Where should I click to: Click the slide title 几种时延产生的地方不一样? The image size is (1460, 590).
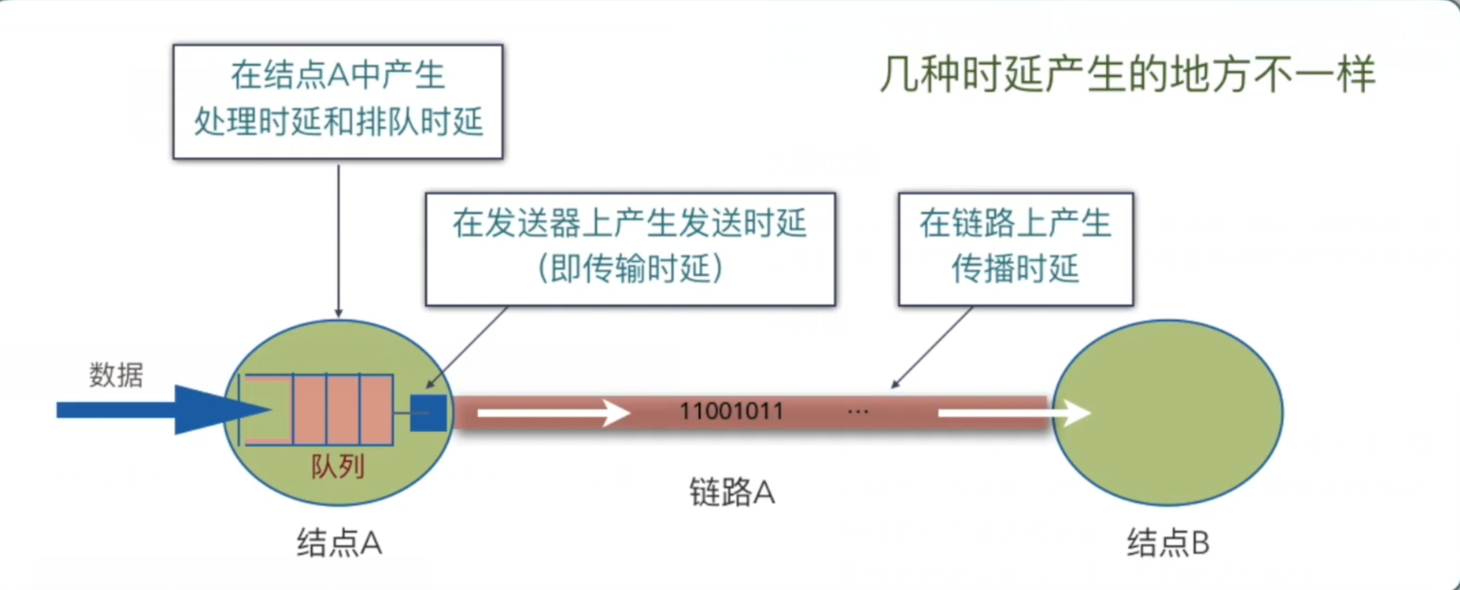click(x=1127, y=74)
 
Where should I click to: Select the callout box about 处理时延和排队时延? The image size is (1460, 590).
click(x=338, y=100)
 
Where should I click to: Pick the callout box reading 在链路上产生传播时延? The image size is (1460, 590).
click(x=1016, y=248)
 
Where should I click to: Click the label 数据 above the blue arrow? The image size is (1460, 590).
click(x=116, y=374)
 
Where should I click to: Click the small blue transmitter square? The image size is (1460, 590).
click(x=428, y=413)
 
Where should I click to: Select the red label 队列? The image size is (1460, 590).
click(x=338, y=467)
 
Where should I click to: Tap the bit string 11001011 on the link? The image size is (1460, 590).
click(x=731, y=412)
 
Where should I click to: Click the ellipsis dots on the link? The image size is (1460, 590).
click(x=858, y=412)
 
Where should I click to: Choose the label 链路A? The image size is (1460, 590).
click(x=732, y=492)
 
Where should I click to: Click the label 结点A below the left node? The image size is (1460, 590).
click(x=339, y=543)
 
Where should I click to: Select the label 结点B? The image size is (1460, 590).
click(x=1168, y=543)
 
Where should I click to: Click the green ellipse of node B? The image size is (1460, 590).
click(x=1177, y=438)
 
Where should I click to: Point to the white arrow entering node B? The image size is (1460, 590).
click(x=1013, y=414)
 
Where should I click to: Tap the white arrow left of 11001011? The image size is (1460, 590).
click(x=552, y=414)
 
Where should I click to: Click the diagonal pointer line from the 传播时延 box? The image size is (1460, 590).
click(x=933, y=347)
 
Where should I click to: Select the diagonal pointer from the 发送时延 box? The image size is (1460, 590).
click(x=468, y=346)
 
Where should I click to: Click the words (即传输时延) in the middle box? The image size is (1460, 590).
click(x=630, y=269)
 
